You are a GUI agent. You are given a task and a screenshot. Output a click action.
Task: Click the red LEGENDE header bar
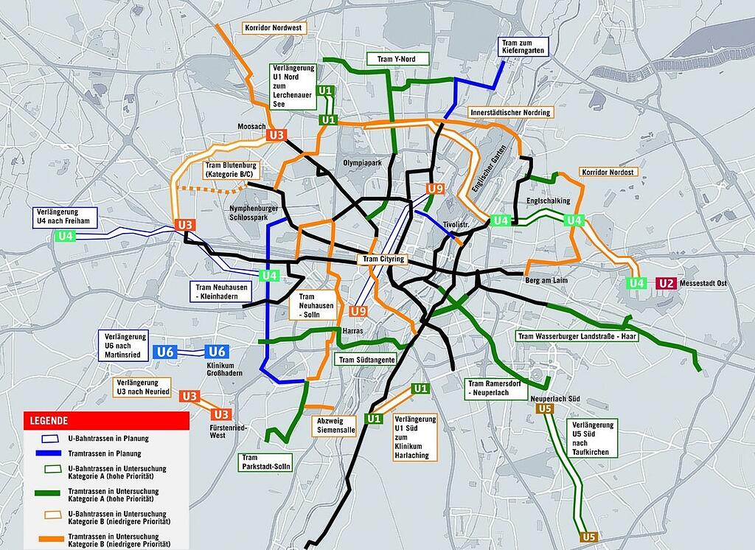[106, 420]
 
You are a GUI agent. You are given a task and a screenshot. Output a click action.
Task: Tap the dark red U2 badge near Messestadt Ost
[666, 283]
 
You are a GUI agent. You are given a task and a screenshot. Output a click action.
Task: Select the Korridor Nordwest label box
[274, 28]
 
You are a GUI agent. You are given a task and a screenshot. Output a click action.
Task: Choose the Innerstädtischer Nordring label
[510, 113]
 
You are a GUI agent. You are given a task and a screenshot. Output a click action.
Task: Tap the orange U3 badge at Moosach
[276, 135]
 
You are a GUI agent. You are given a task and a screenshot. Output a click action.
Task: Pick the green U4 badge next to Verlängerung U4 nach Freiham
[66, 237]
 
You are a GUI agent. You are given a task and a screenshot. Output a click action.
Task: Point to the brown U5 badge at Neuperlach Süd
[546, 409]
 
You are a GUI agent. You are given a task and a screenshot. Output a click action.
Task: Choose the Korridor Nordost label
[608, 172]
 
